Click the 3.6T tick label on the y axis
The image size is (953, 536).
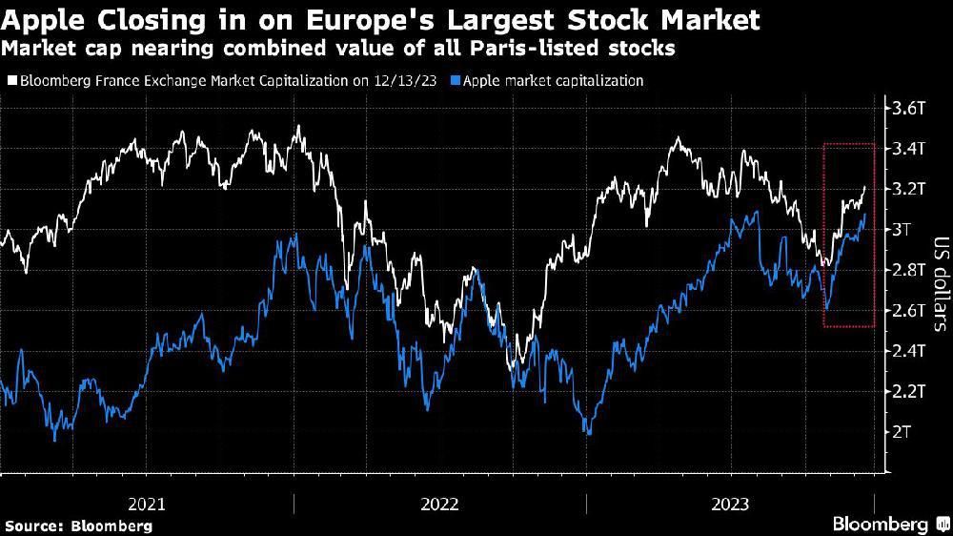coord(906,108)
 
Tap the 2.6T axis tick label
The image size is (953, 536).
coord(906,310)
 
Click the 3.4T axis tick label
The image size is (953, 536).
coord(906,148)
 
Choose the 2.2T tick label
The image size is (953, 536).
coord(906,391)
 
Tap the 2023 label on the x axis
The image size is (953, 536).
coord(731,504)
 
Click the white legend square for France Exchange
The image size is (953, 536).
coord(10,81)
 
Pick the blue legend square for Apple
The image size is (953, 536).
coord(455,81)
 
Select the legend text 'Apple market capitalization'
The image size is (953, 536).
coord(553,81)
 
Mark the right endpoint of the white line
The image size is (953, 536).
coord(865,188)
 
